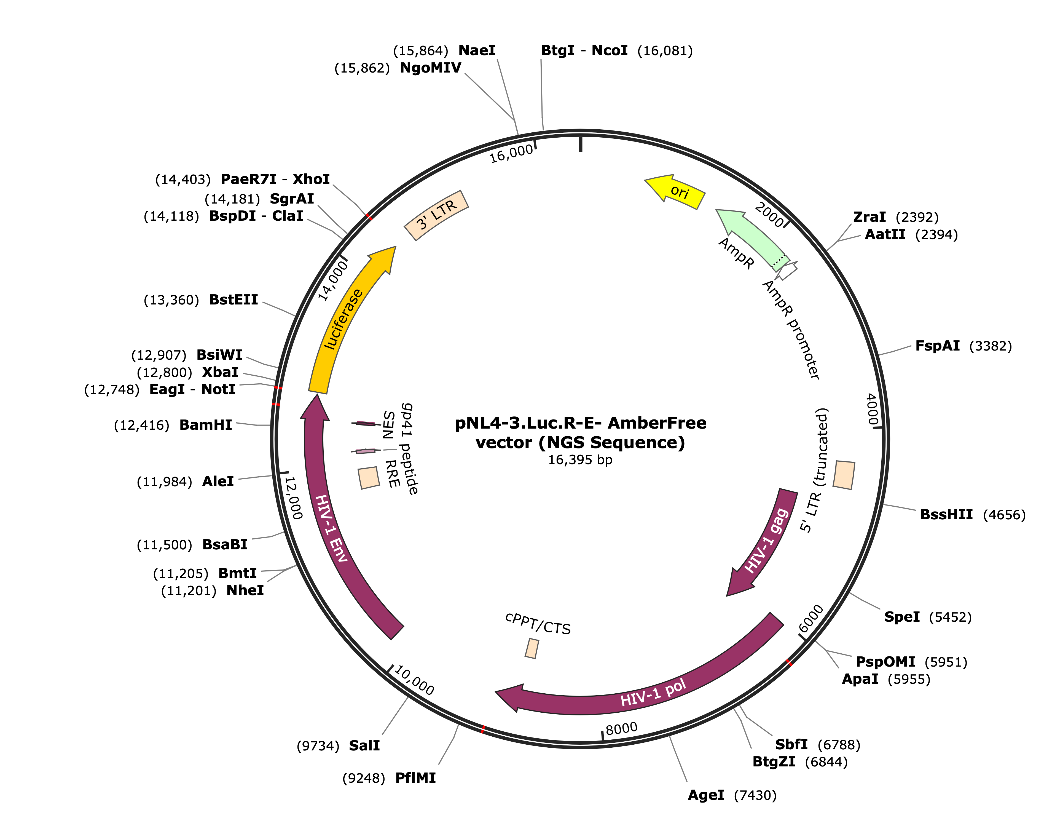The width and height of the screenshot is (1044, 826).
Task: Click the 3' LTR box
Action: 436,215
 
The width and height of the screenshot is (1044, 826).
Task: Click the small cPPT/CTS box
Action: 532,648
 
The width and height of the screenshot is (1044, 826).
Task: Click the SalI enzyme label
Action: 364,746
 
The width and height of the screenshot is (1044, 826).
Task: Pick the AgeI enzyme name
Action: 706,796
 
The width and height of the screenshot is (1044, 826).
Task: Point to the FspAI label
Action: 938,346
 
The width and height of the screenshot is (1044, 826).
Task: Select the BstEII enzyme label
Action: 234,300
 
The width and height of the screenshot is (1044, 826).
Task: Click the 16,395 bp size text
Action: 580,460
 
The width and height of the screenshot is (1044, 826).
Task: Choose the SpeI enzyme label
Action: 902,617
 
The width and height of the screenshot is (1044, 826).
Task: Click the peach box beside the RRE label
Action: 369,478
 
